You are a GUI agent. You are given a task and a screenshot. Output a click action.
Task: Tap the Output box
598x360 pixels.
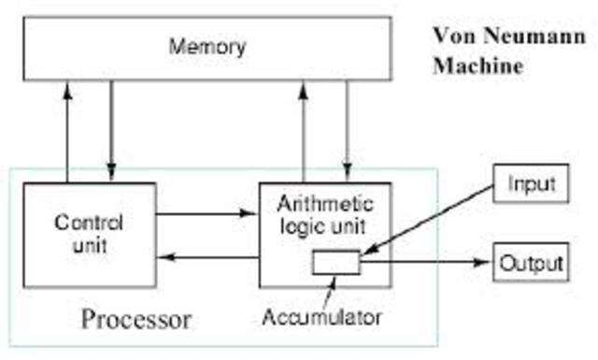click(x=530, y=262)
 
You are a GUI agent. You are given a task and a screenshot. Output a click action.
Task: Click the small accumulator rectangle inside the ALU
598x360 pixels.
click(x=335, y=263)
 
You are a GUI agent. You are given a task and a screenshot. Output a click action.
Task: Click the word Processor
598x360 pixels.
click(x=136, y=320)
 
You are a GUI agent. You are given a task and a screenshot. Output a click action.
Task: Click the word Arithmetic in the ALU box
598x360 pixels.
click(x=326, y=203)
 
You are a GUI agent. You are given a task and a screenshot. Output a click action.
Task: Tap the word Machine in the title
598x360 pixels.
click(x=476, y=67)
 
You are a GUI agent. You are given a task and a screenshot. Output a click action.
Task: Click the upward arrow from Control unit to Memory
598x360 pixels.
click(x=69, y=131)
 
